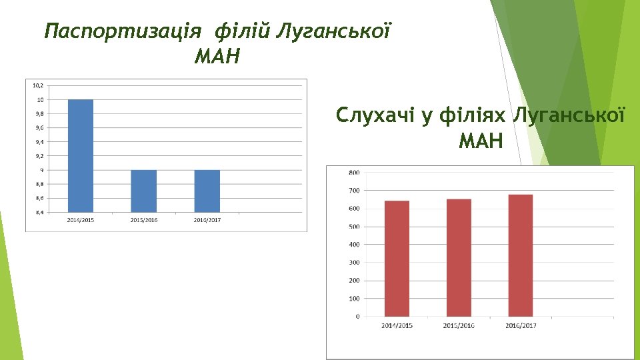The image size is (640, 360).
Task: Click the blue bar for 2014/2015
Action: click(x=80, y=156)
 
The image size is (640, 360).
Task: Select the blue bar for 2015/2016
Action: click(x=143, y=191)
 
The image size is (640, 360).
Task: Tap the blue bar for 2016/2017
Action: click(x=207, y=191)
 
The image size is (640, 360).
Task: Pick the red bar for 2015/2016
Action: click(x=459, y=258)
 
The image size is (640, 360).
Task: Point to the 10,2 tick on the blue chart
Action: click(x=38, y=85)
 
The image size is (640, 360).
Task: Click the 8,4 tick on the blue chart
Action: click(x=39, y=213)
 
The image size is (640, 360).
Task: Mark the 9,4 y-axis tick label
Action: click(x=39, y=142)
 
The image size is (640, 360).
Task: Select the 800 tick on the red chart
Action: click(x=354, y=173)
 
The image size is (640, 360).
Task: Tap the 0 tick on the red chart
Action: click(x=357, y=317)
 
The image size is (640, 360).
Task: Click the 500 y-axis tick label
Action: click(x=354, y=227)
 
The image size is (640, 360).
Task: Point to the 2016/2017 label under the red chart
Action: click(x=521, y=325)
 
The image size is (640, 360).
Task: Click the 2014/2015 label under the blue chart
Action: click(x=80, y=220)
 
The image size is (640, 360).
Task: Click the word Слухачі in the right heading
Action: click(x=375, y=115)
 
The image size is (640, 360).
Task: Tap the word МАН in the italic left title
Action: click(x=216, y=57)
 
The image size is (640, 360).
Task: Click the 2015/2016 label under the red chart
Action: click(x=459, y=325)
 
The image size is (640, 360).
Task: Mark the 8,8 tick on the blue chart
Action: click(x=39, y=185)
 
